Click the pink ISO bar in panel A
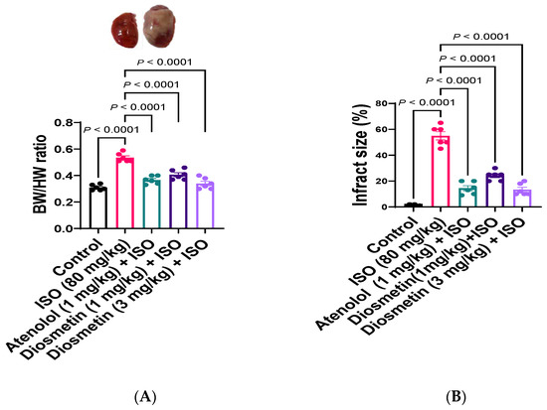(124, 194)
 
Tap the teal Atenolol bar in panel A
(151, 205)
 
